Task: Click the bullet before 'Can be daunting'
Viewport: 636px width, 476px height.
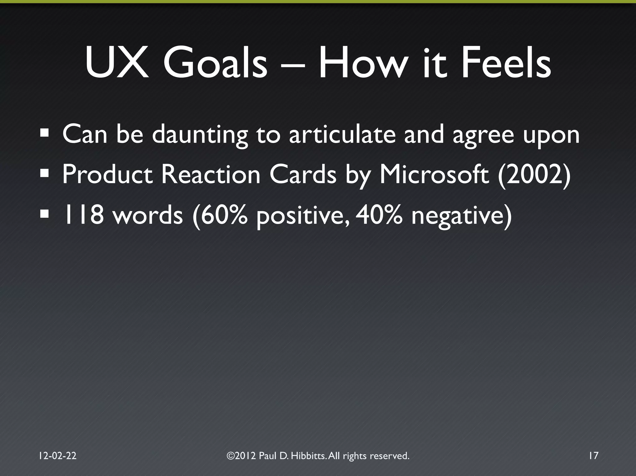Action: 44,134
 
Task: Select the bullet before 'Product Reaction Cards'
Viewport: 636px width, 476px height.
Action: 44,174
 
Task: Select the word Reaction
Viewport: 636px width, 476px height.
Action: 211,175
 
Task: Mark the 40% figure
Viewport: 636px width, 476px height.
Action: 379,215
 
